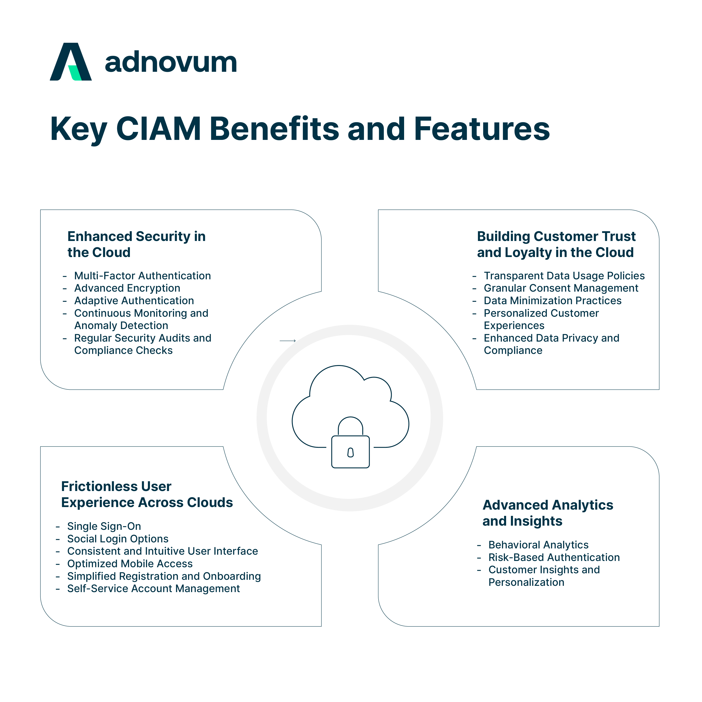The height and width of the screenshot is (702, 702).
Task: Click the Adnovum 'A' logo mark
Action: point(71,62)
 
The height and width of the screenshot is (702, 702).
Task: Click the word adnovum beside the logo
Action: point(171,63)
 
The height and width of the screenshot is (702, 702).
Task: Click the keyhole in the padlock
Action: point(350,452)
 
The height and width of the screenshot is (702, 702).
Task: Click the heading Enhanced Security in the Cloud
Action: point(136,244)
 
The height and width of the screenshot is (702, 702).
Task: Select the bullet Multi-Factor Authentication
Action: point(142,276)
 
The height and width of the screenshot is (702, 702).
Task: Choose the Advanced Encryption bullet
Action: point(127,288)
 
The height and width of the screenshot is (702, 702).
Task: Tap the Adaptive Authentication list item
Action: point(134,301)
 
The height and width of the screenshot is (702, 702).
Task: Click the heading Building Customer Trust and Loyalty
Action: point(556,244)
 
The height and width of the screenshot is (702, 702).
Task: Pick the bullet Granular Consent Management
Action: point(561,288)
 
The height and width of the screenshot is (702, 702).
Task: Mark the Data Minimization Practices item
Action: point(552,301)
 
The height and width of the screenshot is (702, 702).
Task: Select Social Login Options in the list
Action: point(118,539)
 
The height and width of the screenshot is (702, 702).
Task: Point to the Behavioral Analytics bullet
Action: point(538,545)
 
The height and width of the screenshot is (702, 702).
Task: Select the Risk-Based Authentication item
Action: point(554,557)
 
